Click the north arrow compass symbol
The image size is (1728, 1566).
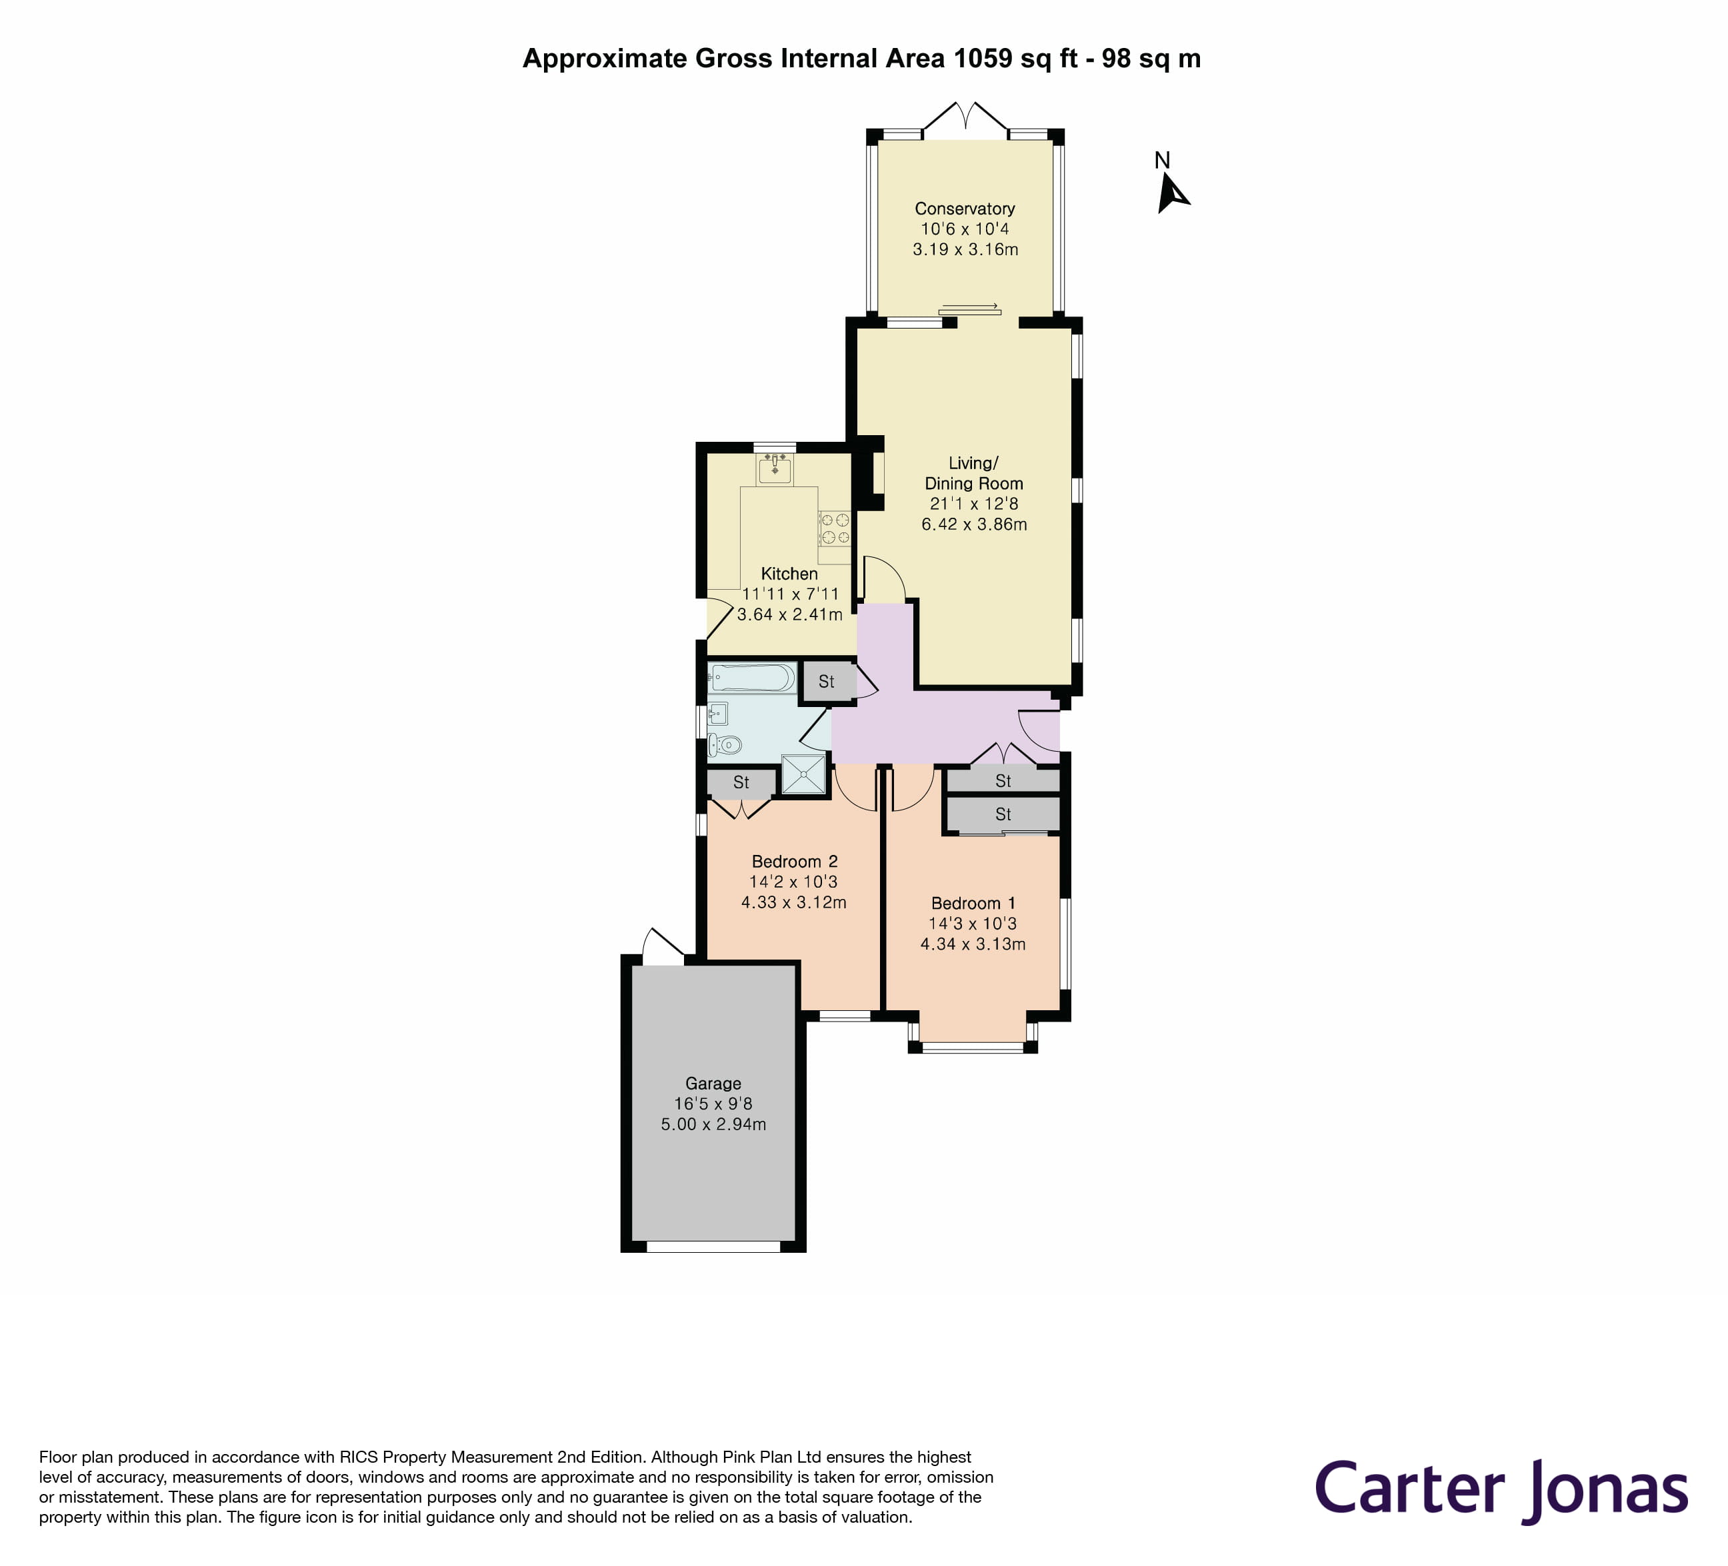(1171, 192)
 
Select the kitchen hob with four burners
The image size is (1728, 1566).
(834, 528)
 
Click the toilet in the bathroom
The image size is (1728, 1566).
(725, 745)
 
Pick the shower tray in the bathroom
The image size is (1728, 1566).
(804, 775)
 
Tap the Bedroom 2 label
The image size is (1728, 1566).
(794, 862)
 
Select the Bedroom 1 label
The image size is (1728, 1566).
(973, 903)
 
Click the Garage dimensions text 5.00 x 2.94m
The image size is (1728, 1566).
(713, 1124)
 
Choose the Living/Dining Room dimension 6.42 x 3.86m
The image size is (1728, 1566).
(974, 524)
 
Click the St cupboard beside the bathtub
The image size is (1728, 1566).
(826, 682)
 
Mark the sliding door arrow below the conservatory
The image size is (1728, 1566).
(970, 308)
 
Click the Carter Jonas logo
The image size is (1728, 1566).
(1501, 1489)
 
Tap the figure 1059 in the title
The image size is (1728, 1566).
(982, 58)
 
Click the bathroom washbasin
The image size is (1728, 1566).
(717, 713)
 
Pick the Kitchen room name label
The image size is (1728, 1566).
(789, 574)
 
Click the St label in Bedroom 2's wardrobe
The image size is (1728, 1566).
(741, 782)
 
